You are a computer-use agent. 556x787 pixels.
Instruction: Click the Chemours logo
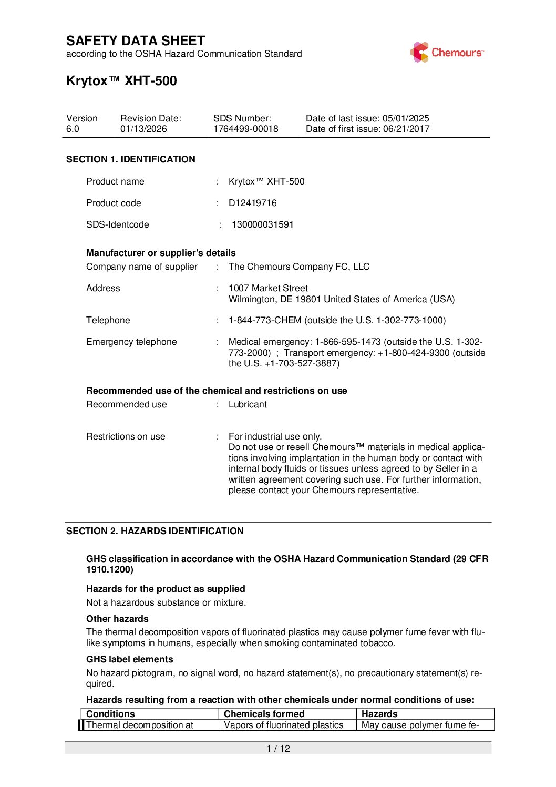[x=446, y=52]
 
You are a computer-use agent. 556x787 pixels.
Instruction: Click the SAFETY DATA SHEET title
[x=136, y=41]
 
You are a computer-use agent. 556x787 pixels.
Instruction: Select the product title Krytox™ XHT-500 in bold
[x=121, y=81]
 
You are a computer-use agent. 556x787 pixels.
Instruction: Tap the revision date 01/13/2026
[x=143, y=129]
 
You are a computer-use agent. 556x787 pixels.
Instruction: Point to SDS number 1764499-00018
[x=245, y=129]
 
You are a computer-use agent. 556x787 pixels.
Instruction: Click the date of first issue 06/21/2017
[x=406, y=129]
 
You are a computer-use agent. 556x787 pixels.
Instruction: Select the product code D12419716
[x=252, y=203]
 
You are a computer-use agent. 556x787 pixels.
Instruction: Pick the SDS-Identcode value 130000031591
[x=263, y=224]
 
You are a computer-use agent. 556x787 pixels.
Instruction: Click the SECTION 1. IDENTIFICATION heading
[x=130, y=159]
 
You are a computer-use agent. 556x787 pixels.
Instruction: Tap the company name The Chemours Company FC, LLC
[x=299, y=267]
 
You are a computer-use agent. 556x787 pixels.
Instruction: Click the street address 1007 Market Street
[x=268, y=288]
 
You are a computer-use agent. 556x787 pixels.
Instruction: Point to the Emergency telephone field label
[x=131, y=342]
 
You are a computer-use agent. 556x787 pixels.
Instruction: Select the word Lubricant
[x=248, y=404]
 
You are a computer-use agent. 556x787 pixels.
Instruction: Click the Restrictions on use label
[x=126, y=436]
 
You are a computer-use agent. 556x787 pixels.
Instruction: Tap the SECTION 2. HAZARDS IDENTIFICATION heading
[x=155, y=531]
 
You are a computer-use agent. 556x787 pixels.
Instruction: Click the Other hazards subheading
[x=117, y=619]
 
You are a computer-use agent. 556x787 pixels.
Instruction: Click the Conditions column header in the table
[x=110, y=714]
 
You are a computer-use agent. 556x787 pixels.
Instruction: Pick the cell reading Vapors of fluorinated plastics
[x=283, y=725]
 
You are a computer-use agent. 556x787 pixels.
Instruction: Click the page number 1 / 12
[x=278, y=749]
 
